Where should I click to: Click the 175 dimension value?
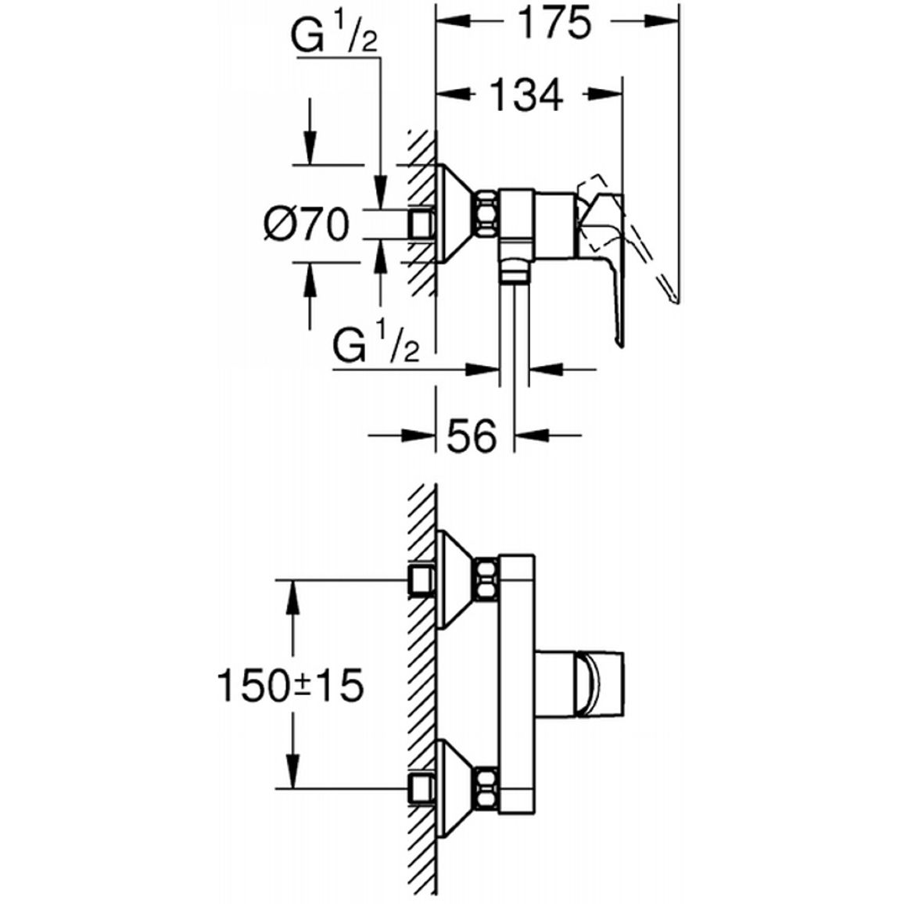pyautogui.click(x=554, y=23)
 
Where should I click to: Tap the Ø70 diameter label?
pyautogui.click(x=307, y=224)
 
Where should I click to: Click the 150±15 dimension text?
pyautogui.click(x=291, y=686)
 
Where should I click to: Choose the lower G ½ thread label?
pyautogui.click(x=376, y=346)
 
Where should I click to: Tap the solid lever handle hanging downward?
pyautogui.click(x=602, y=269)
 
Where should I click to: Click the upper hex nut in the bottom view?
pyautogui.click(x=486, y=578)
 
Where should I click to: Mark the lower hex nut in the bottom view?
pyautogui.click(x=486, y=787)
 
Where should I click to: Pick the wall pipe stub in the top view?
pyautogui.click(x=421, y=224)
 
